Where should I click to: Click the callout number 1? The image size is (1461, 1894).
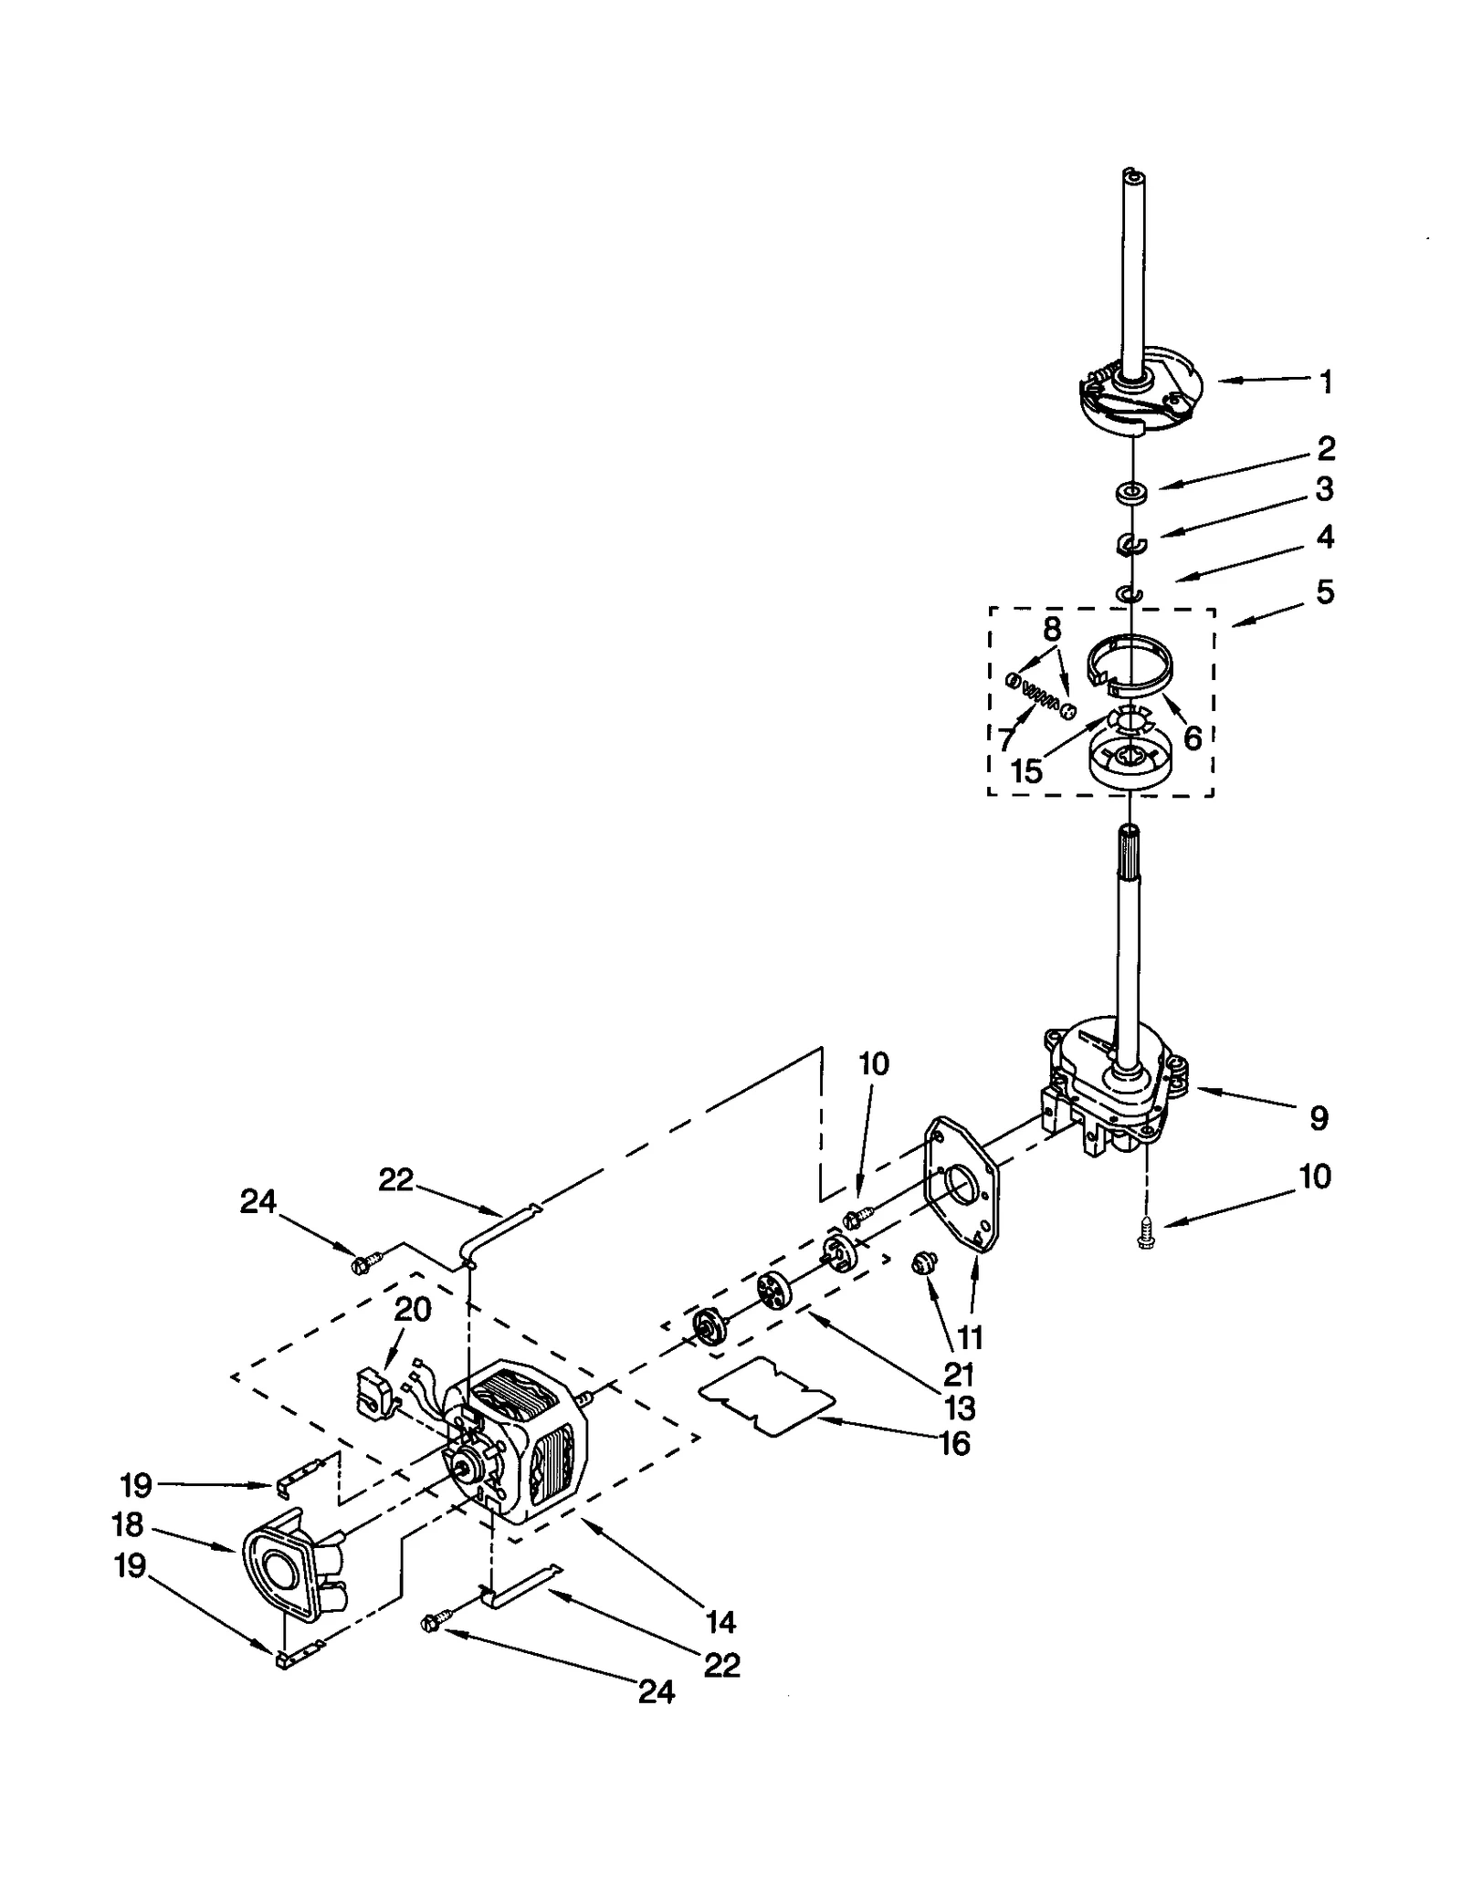click(x=1326, y=382)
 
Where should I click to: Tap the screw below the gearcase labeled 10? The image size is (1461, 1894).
click(x=1144, y=1237)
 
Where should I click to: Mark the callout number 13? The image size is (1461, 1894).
click(x=959, y=1408)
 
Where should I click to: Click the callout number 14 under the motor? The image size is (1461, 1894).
click(x=720, y=1621)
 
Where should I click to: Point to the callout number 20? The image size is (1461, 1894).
click(x=412, y=1309)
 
